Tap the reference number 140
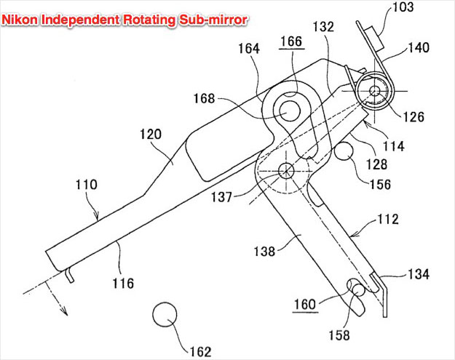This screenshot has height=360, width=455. coord(419,47)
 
